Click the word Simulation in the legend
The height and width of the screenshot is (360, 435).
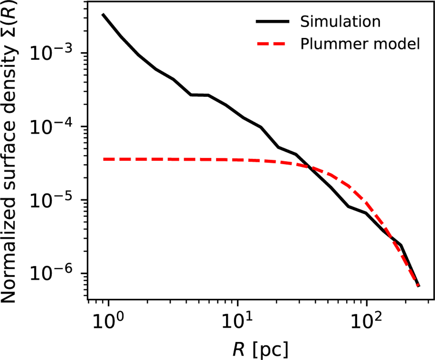[x=340, y=22]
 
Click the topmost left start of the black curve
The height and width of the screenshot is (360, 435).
[x=103, y=14]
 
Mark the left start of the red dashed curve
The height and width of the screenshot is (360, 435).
[x=104, y=159]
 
